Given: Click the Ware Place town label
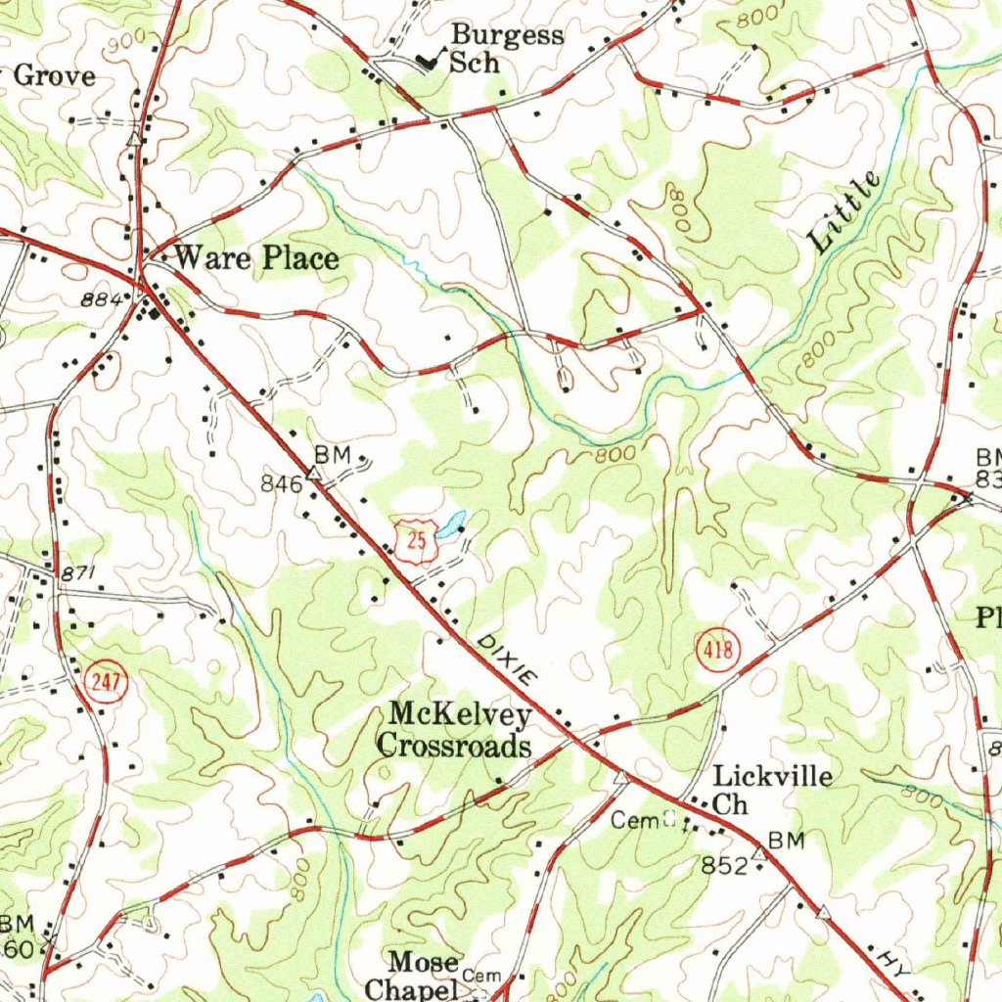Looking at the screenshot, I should tap(256, 259).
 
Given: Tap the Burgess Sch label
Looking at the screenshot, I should tap(505, 49).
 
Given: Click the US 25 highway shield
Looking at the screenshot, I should tap(417, 541).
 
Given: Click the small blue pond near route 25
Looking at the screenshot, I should tap(451, 526).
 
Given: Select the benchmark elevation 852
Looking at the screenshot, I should tap(723, 864).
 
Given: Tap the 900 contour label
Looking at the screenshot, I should tap(127, 38).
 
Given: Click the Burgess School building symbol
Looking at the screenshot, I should tap(428, 61).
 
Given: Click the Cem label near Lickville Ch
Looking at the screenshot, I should tap(631, 820).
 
